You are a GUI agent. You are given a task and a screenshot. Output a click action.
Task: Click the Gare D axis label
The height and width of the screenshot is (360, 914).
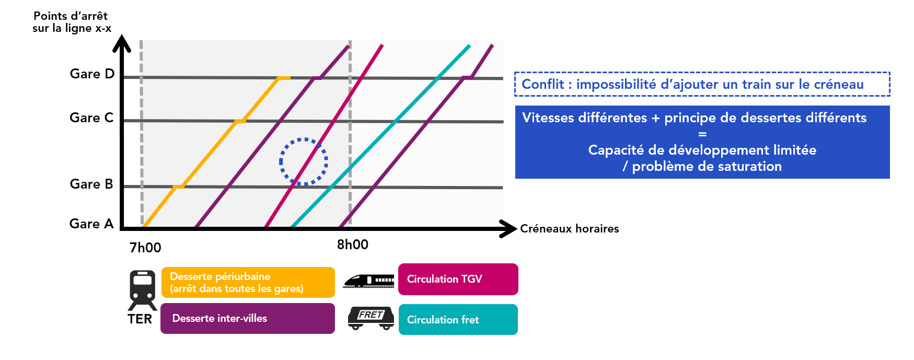(x=92, y=74)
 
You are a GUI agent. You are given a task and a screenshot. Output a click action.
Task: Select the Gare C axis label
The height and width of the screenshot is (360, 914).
(x=91, y=118)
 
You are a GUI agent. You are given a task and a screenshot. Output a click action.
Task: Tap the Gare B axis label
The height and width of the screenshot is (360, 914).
(x=91, y=184)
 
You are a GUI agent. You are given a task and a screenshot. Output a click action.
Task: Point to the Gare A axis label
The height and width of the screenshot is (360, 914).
(x=91, y=224)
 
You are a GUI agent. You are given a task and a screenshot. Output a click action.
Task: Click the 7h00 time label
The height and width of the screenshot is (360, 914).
(x=145, y=248)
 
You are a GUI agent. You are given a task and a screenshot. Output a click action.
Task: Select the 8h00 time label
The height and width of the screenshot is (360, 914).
(x=353, y=245)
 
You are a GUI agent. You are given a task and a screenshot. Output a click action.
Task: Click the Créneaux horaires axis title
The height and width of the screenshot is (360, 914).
(x=570, y=229)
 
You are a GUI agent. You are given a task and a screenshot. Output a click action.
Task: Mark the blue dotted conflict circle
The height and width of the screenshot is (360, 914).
(x=304, y=161)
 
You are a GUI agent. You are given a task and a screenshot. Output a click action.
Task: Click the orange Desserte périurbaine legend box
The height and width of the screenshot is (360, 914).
(x=248, y=283)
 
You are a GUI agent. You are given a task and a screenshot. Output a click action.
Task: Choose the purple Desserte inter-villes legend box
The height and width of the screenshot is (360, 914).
(x=248, y=318)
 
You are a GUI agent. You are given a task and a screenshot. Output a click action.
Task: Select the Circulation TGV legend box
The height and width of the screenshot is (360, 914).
(x=458, y=279)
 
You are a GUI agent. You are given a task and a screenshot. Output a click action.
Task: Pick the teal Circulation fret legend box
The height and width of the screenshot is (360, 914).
(x=458, y=320)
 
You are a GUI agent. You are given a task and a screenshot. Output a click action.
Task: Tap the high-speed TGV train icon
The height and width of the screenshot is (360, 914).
(x=369, y=281)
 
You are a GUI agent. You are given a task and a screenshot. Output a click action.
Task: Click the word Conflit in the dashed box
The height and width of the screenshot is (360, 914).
(x=543, y=85)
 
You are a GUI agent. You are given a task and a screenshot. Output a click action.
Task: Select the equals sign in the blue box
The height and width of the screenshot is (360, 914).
(x=702, y=134)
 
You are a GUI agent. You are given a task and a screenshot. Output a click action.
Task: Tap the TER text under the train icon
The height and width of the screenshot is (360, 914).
(x=140, y=319)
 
